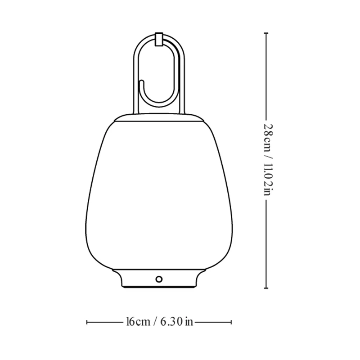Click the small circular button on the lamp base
click(x=159, y=279)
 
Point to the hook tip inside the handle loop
click(x=141, y=81)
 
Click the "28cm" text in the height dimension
click(x=268, y=138)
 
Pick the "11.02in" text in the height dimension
click(x=268, y=179)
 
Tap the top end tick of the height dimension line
click(x=266, y=33)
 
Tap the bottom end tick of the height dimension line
click(x=266, y=288)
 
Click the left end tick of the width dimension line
click(x=87, y=322)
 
